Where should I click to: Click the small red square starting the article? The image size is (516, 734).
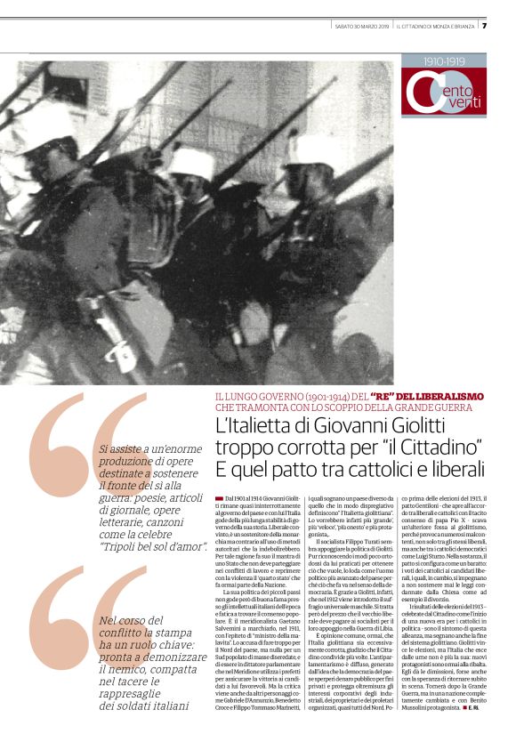pyautogui.click(x=220, y=503)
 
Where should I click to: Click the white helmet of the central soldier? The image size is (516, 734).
pyautogui.click(x=190, y=164)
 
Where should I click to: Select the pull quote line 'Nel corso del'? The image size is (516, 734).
pyautogui.click(x=134, y=620)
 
